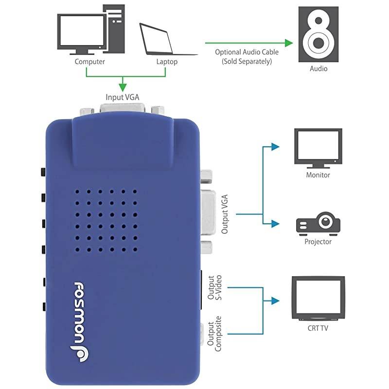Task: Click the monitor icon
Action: click(x=318, y=147)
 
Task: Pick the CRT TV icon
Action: click(x=318, y=298)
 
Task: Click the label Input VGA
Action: click(x=123, y=97)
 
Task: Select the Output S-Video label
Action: click(x=214, y=288)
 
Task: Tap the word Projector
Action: click(x=318, y=242)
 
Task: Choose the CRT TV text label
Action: click(x=318, y=328)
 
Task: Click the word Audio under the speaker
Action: click(x=319, y=69)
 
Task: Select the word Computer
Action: click(x=90, y=62)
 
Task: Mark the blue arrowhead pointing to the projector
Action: click(x=276, y=223)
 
